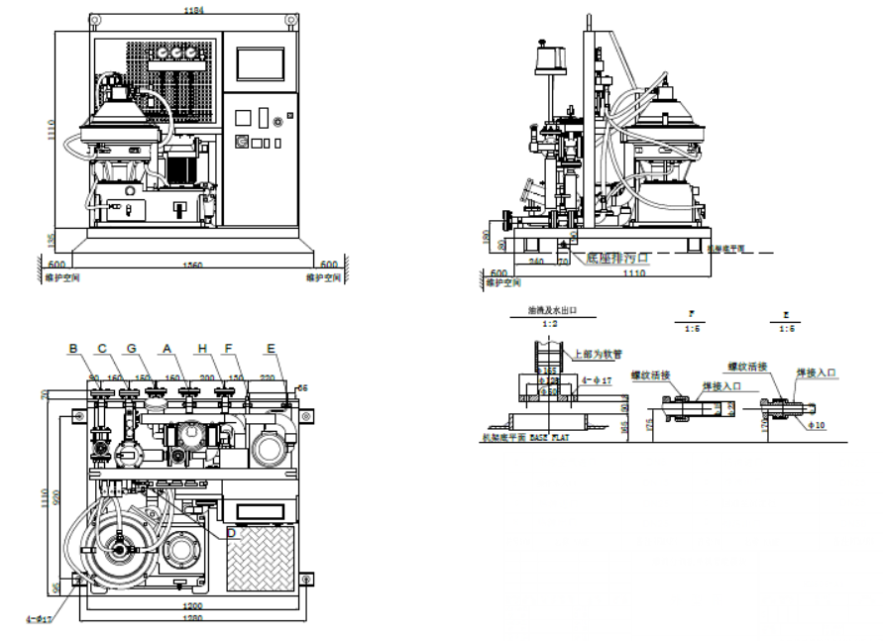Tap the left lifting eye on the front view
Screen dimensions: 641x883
coord(94,19)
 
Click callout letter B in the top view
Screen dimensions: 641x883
coord(72,348)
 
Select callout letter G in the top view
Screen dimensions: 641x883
coord(131,348)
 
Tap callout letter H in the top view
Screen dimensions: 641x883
coord(202,348)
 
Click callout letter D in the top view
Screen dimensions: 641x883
coord(231,533)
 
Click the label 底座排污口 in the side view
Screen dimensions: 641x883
coord(617,259)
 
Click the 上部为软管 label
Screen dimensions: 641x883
coord(592,354)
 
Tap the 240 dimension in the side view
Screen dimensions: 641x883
coord(536,262)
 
